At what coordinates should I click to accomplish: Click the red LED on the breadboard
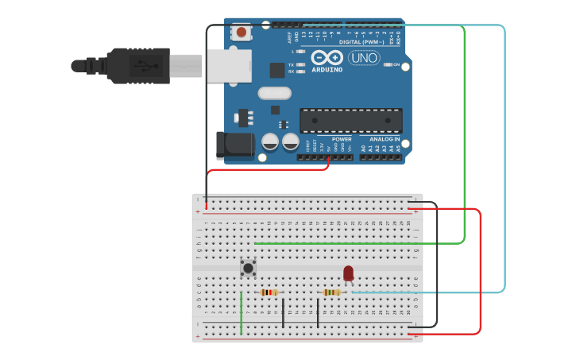point(348,273)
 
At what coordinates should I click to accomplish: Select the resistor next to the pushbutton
point(269,292)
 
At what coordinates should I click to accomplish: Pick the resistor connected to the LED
point(332,292)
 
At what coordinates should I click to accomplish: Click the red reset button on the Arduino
point(241,33)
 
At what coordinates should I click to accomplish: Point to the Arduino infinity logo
point(327,57)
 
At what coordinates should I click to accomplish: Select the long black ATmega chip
point(350,120)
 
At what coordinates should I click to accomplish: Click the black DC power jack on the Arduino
point(235,145)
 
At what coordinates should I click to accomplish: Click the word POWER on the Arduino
point(342,139)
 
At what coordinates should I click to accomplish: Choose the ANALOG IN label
point(385,139)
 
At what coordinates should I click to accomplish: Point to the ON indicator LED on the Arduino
point(386,64)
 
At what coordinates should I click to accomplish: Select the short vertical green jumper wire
point(242,312)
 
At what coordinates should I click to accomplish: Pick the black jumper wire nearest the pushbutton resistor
point(283,312)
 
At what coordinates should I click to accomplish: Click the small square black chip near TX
point(276,70)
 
